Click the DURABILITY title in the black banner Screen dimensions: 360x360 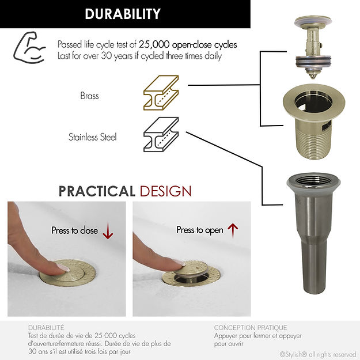coord(123,14)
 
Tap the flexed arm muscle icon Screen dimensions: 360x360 coord(29,48)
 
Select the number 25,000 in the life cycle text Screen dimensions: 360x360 coord(154,44)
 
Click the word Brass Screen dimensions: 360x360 coord(89,96)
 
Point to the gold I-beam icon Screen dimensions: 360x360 coord(161,93)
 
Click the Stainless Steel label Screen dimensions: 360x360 coord(93,137)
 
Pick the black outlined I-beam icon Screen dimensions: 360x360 coord(161,135)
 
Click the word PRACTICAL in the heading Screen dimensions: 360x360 coord(97,191)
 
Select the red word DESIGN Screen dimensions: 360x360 coord(165,191)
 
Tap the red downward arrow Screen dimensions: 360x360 coord(108,232)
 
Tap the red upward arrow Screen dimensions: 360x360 coord(233,230)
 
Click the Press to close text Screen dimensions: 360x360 coord(75,230)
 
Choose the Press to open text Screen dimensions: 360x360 coord(200,230)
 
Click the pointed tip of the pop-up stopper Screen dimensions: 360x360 coord(312,77)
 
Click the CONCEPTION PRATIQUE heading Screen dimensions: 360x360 coord(251,328)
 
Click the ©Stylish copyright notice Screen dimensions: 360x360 coord(318,354)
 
